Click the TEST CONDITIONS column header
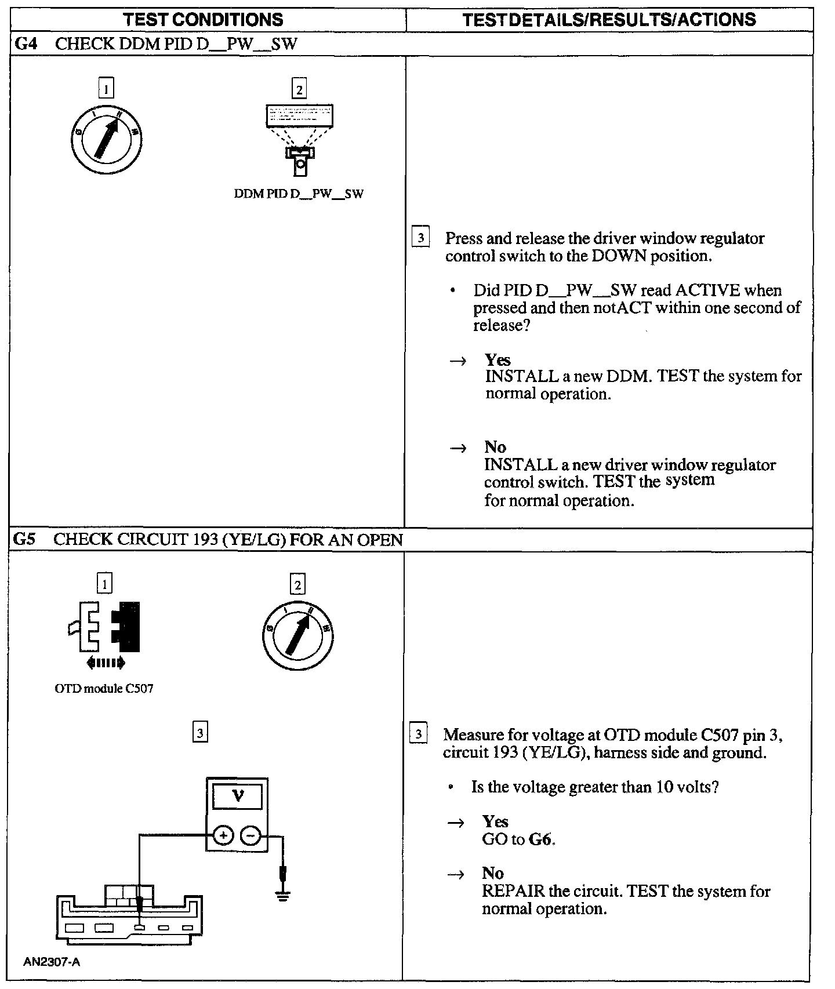click(x=204, y=20)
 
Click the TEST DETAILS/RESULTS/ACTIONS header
click(x=609, y=20)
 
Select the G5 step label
click(x=24, y=540)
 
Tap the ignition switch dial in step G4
click(x=107, y=139)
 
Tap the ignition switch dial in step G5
click(x=298, y=635)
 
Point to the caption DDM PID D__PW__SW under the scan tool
click(x=299, y=194)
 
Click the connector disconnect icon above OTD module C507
click(x=104, y=634)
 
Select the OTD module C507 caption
click(x=104, y=689)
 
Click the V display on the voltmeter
click(x=237, y=797)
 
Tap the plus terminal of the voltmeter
click(x=223, y=835)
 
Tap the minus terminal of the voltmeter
click(x=251, y=835)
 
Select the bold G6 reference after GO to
click(x=540, y=839)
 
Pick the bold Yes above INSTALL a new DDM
click(x=498, y=359)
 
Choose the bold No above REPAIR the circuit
click(x=493, y=873)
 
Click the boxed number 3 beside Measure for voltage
click(x=419, y=734)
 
